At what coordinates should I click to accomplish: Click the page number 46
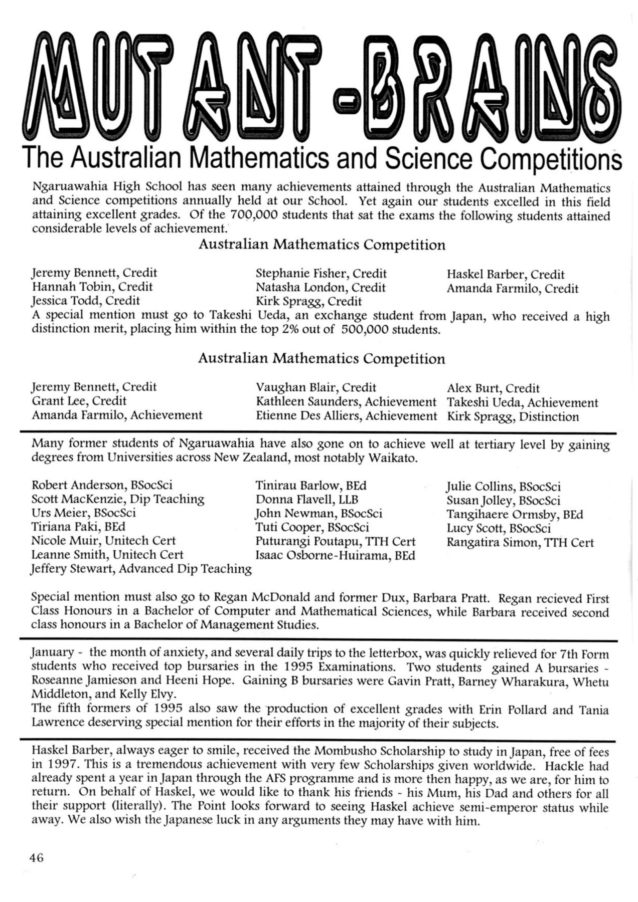click(37, 857)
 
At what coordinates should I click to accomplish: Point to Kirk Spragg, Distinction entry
click(513, 417)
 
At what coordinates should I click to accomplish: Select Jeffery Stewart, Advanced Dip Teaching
click(141, 569)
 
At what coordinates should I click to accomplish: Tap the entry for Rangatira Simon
click(520, 542)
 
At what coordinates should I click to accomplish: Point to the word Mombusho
click(341, 752)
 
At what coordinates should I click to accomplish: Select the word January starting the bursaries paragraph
click(52, 652)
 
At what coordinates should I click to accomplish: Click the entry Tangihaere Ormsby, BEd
click(515, 514)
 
